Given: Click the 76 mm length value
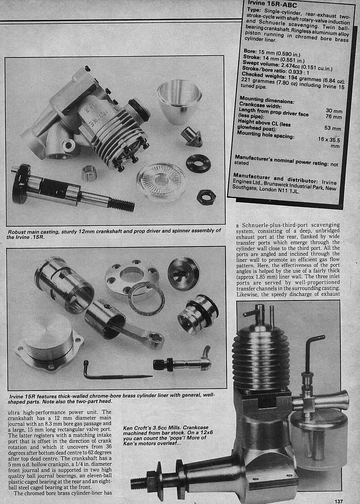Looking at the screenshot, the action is (x=334, y=116).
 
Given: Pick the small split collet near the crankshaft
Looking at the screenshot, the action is (x=89, y=173).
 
